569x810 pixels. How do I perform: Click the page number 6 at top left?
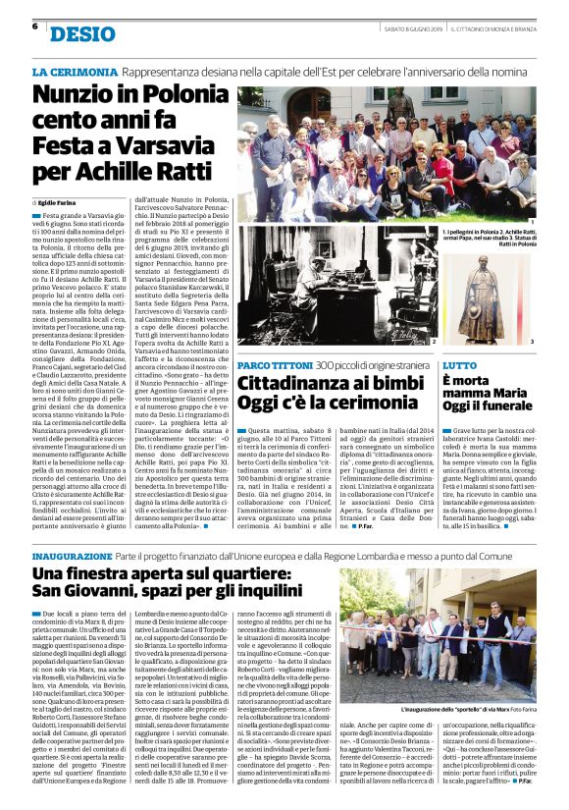(34, 27)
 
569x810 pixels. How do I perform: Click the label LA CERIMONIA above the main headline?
(75, 73)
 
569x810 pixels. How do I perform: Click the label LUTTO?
(461, 365)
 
